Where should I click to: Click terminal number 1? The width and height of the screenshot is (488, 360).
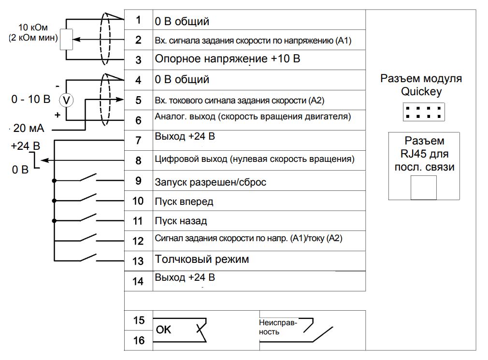pyautogui.click(x=138, y=20)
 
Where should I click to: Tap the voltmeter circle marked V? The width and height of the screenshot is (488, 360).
pyautogui.click(x=67, y=100)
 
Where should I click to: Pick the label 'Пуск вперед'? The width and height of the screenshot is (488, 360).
pyautogui.click(x=184, y=201)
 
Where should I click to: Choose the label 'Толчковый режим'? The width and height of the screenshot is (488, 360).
pyautogui.click(x=202, y=259)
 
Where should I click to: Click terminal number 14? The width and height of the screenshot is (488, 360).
pyautogui.click(x=138, y=281)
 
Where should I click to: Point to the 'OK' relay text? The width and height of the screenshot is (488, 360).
pyautogui.click(x=164, y=330)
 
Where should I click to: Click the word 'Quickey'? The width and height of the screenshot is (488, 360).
pyautogui.click(x=421, y=91)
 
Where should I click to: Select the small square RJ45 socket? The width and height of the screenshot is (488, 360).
pyautogui.click(x=423, y=187)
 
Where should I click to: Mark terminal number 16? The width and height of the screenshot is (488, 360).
pyautogui.click(x=139, y=341)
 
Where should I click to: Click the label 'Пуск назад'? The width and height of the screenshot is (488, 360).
pyautogui.click(x=181, y=221)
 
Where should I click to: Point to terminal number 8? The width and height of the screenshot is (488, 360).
pyautogui.click(x=138, y=161)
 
